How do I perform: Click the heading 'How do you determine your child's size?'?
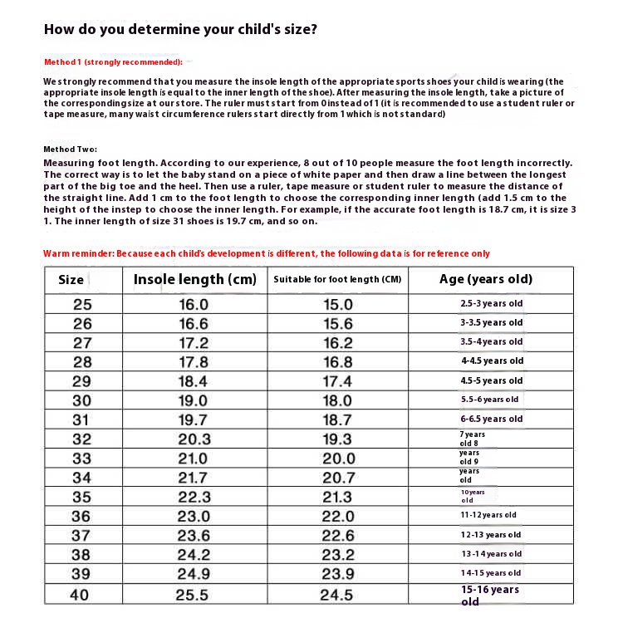pyautogui.click(x=179, y=29)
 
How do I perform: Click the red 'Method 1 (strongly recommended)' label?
pyautogui.click(x=113, y=62)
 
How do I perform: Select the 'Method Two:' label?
pyautogui.click(x=71, y=149)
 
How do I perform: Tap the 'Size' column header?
pyautogui.click(x=71, y=280)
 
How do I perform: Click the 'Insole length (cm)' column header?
pyautogui.click(x=195, y=280)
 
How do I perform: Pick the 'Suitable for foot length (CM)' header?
pyautogui.click(x=337, y=280)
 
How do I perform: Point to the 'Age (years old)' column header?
pyautogui.click(x=486, y=279)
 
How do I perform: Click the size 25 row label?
pyautogui.click(x=82, y=304)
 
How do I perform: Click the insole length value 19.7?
pyautogui.click(x=194, y=420)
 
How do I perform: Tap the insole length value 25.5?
pyautogui.click(x=194, y=594)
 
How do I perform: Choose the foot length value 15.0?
pyautogui.click(x=338, y=304)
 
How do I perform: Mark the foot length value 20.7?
pyautogui.click(x=338, y=478)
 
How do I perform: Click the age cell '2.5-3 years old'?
pyautogui.click(x=492, y=304)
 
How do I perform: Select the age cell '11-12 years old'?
pyautogui.click(x=489, y=515)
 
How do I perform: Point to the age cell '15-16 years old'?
pyautogui.click(x=490, y=594)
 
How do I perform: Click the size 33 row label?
pyautogui.click(x=82, y=459)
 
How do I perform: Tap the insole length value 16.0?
pyautogui.click(x=194, y=304)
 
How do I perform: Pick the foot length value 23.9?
pyautogui.click(x=338, y=574)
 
